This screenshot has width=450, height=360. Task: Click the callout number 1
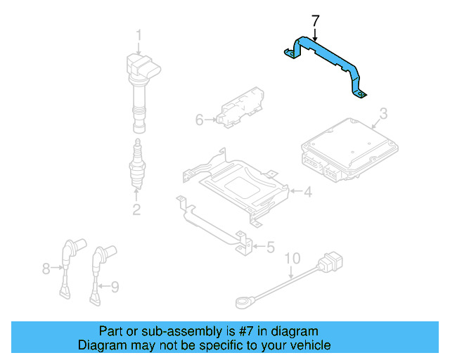coord(139,34)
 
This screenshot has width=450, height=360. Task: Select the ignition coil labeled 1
coord(141,84)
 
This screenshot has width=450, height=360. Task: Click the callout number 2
coord(136,209)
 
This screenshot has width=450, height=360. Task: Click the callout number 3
coord(383,114)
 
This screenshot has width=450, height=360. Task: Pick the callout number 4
coord(307,191)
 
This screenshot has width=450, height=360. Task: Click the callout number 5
coord(270,247)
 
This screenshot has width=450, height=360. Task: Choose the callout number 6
coord(199,120)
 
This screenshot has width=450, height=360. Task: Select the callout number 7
coord(315,21)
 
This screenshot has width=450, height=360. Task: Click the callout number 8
coord(47,268)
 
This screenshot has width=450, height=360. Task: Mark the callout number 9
coord(115,285)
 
